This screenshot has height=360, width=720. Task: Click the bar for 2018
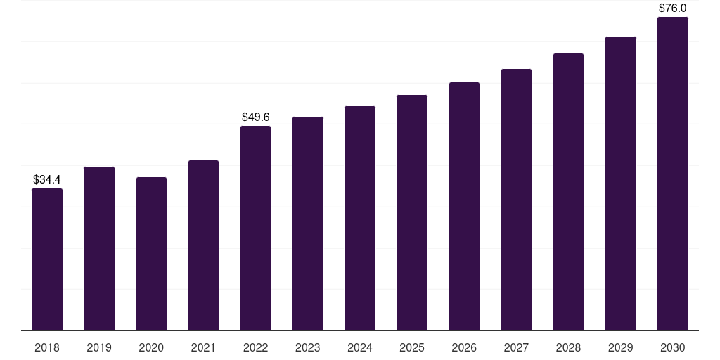[47, 259]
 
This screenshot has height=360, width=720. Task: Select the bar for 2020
[152, 254]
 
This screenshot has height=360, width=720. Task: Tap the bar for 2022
[255, 229]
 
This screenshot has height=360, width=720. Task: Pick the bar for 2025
[412, 212]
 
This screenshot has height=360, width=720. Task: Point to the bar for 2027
[517, 200]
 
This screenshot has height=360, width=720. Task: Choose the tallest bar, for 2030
[673, 174]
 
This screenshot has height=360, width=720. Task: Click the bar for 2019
[99, 248]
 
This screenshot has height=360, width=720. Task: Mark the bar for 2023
[308, 224]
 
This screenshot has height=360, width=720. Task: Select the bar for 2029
[621, 184]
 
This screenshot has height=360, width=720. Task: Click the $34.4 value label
[47, 179]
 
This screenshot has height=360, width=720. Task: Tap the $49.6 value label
[256, 117]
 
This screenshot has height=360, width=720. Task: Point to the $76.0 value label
[673, 8]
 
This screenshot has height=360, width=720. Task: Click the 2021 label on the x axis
[203, 347]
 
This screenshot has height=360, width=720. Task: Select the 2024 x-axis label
[360, 347]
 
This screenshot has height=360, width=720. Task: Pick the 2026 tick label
[464, 347]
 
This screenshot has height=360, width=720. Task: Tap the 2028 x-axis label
[568, 347]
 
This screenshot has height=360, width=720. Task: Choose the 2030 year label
[673, 347]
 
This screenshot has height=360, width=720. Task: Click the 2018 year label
[47, 347]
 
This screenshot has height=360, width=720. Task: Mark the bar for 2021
[203, 245]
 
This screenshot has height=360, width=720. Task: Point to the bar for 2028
[568, 192]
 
